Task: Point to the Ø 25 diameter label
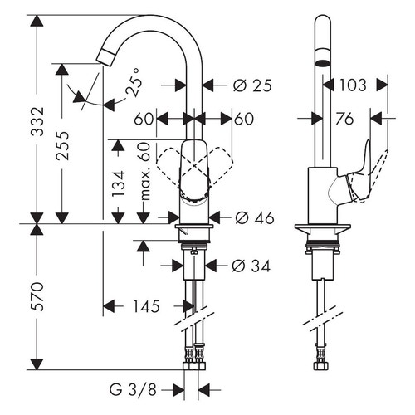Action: coord(251,85)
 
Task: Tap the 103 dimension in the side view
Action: coord(352,85)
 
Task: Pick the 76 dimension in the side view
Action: coord(342,120)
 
